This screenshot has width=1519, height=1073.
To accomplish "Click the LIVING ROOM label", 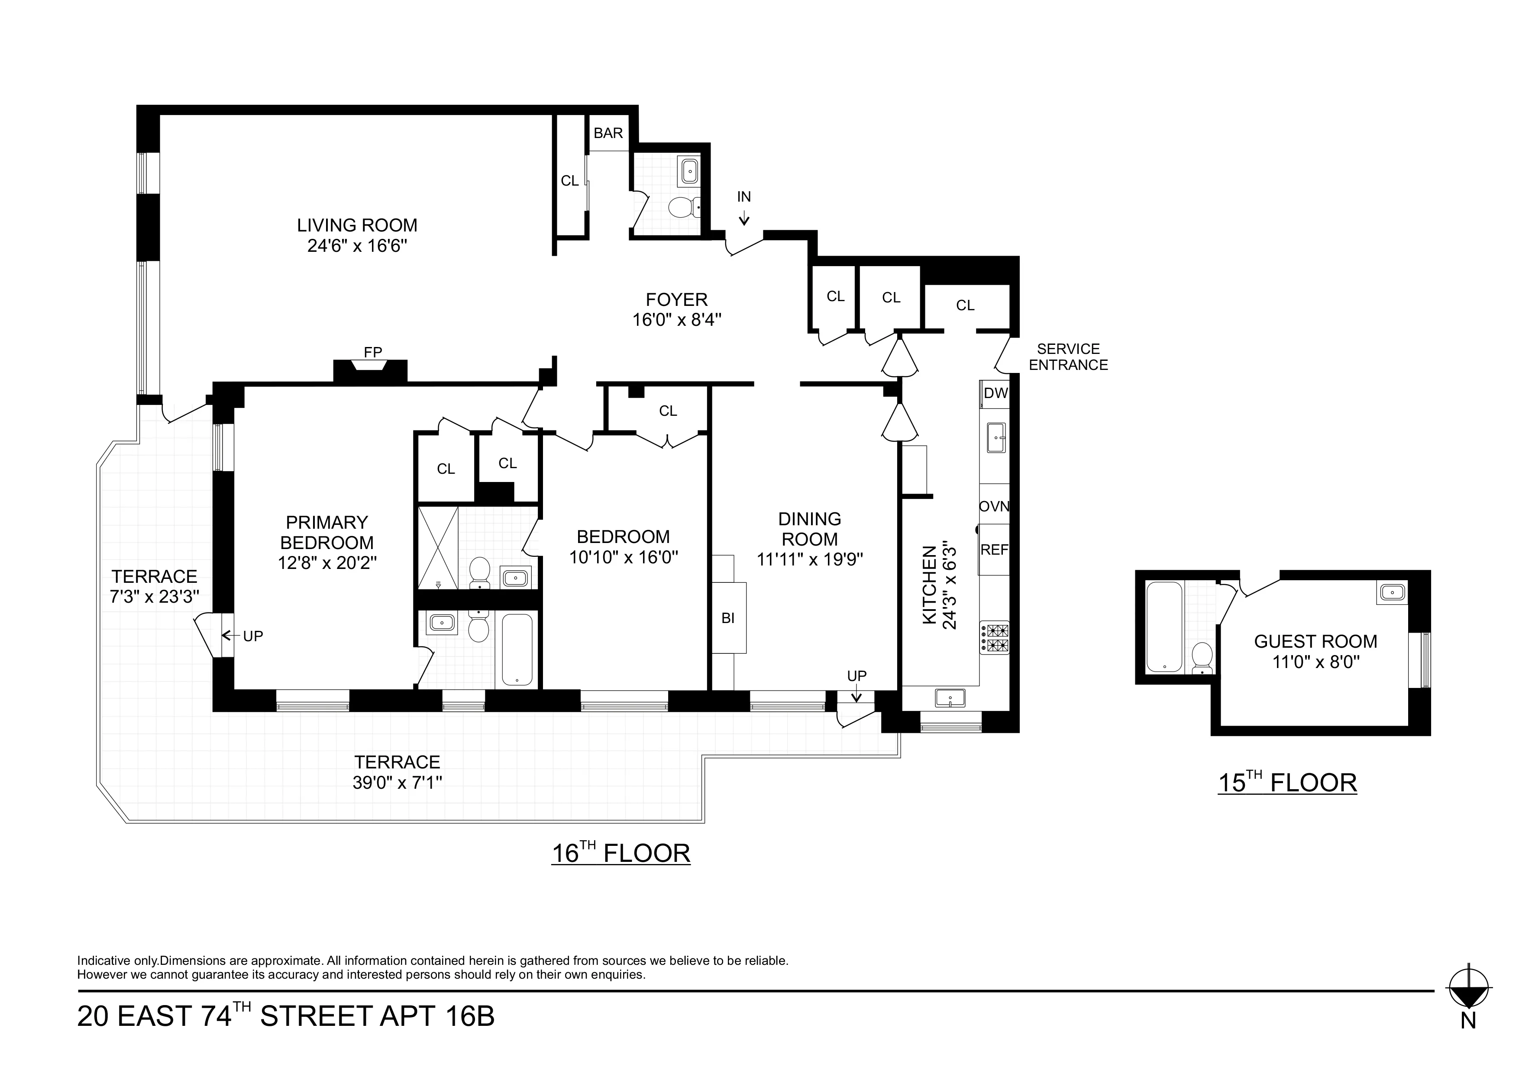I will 357,225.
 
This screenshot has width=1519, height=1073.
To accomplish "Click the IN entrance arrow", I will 744,217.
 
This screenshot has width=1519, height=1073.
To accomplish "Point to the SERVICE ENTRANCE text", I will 1068,357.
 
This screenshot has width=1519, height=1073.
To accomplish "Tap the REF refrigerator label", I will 994,550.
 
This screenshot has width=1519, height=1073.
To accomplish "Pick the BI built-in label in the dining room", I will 728,619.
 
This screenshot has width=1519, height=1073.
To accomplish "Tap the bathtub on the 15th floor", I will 1164,626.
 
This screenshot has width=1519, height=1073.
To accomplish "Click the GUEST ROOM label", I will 1315,641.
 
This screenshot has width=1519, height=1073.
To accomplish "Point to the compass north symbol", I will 1468,996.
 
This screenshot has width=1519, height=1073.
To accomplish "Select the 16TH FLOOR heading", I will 621,853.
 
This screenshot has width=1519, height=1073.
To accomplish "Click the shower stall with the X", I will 438,547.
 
